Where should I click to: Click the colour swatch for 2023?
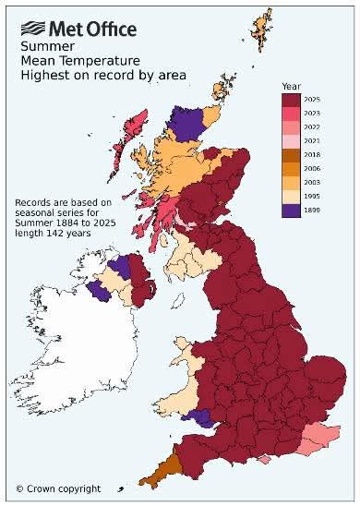coord(290,111)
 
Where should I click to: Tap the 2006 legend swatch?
coord(290,169)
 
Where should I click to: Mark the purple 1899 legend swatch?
coord(290,211)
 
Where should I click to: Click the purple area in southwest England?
coord(198,417)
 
